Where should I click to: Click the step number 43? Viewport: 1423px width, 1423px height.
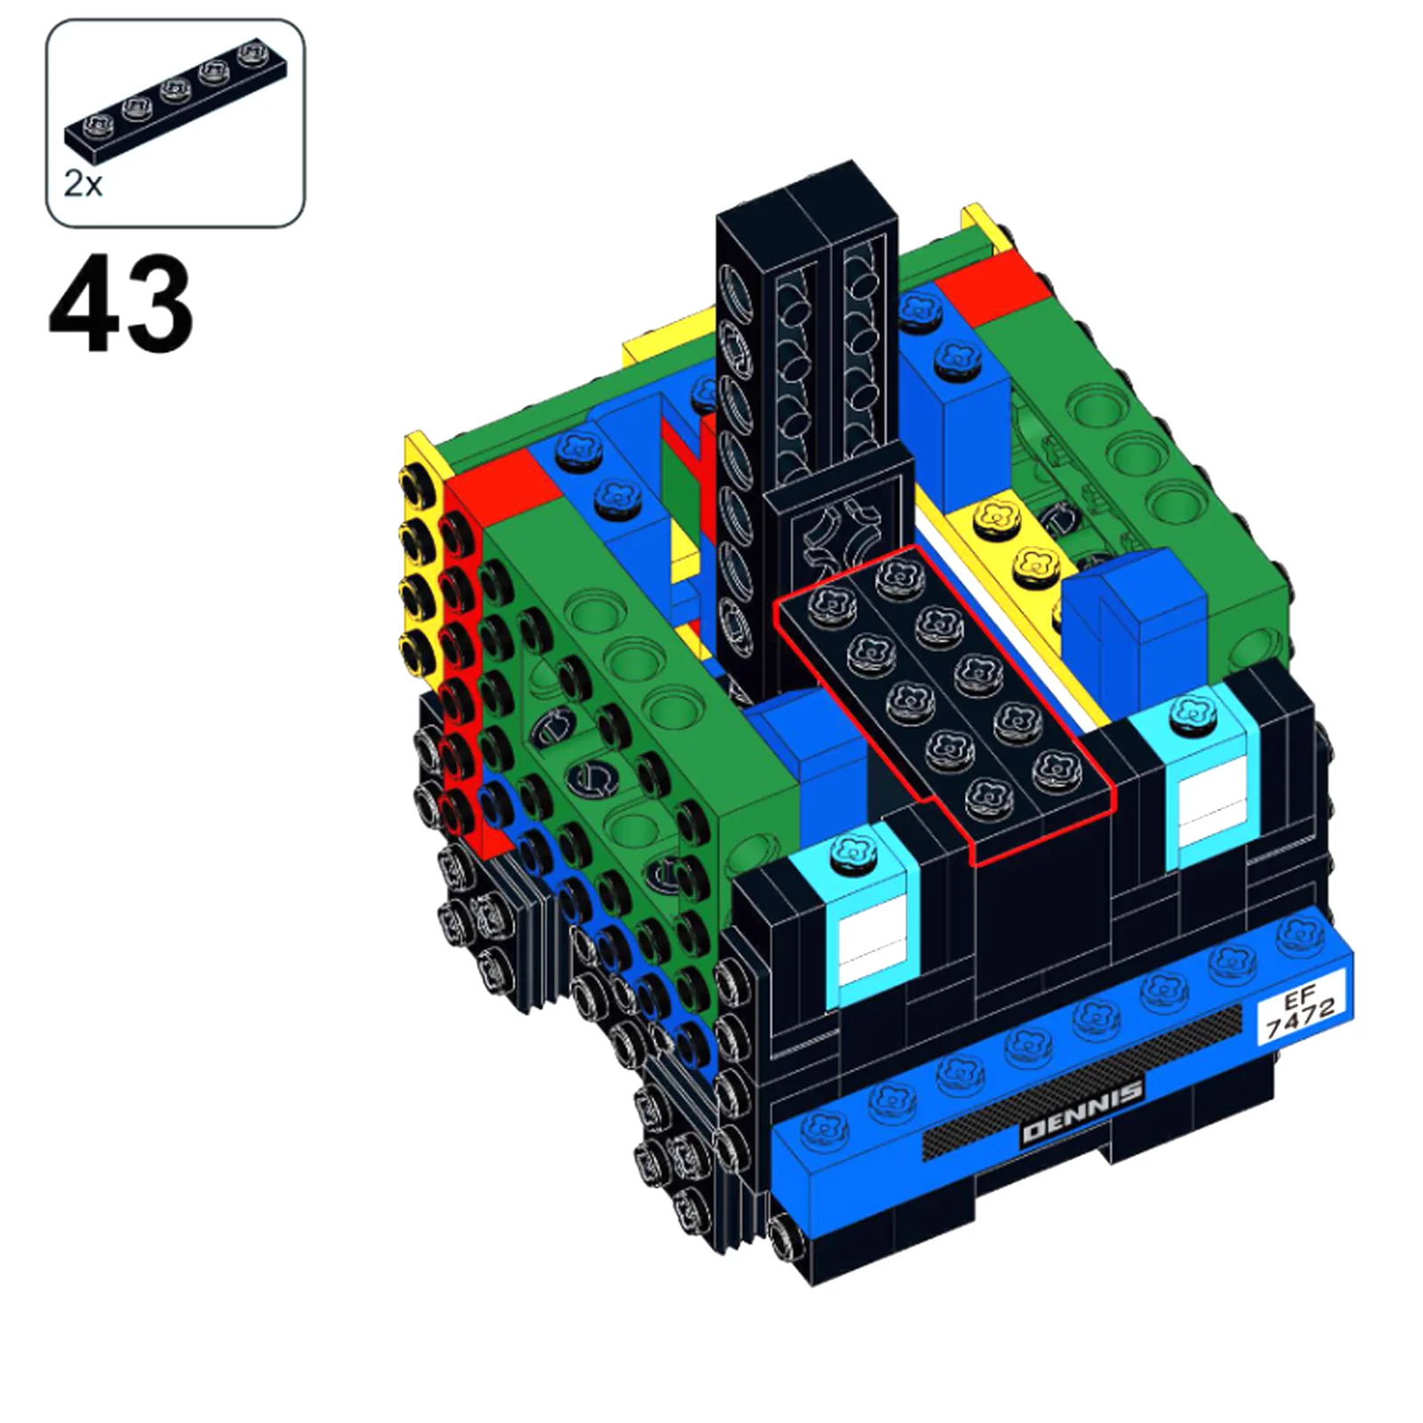point(120,303)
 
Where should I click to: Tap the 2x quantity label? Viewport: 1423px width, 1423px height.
point(83,184)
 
